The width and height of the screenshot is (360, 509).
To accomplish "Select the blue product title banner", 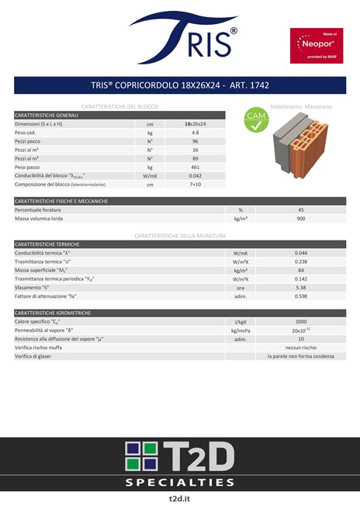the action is pos(180,85).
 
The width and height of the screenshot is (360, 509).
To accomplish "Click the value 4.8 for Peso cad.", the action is pos(195,133).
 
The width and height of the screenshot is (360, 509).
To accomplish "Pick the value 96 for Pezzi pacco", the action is pos(195,141).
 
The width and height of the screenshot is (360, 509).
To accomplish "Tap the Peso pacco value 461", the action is pos(195,167).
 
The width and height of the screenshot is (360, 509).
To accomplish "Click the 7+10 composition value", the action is pos(195,185).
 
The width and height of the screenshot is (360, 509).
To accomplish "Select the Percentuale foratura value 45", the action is pos(301,209).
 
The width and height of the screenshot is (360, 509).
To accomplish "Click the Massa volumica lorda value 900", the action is pos(301,219).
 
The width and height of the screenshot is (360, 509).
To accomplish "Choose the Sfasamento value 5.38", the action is pos(301,287).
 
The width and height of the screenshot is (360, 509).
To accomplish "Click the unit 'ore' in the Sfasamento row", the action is pos(241,287).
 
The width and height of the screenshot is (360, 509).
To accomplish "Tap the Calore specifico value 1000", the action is pos(301,321).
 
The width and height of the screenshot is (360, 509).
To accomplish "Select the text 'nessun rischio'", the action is pos(301,348).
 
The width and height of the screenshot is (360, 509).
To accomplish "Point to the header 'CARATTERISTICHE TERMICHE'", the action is pos(47,244).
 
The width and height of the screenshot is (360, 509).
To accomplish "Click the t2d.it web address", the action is pos(180,497).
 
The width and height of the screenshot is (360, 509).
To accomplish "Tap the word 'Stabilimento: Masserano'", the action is pos(301,105).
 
